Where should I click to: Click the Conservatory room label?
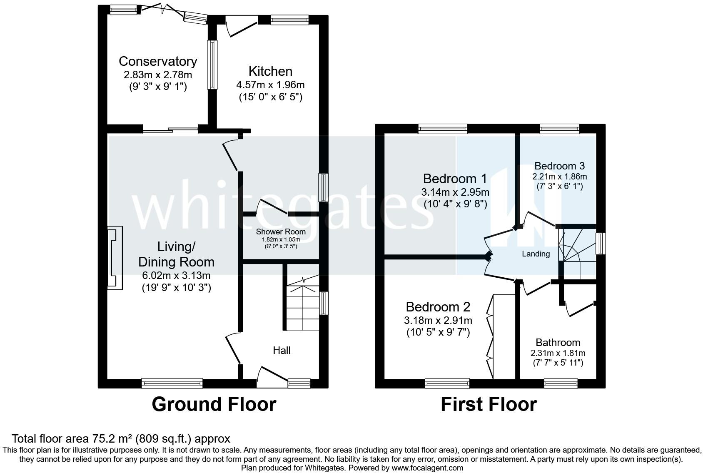[157, 61]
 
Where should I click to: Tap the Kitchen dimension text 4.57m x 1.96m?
[270, 85]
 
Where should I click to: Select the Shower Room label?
[281, 232]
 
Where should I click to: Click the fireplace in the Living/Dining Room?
[115, 258]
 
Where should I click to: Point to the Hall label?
[282, 350]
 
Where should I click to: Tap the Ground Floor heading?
[214, 404]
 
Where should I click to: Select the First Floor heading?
[489, 404]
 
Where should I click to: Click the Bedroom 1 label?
[455, 179]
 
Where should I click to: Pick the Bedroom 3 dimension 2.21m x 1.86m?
[559, 177]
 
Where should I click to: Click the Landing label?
[536, 254]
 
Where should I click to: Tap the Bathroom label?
[558, 342]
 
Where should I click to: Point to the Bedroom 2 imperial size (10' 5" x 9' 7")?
[438, 332]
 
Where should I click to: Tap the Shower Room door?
[272, 207]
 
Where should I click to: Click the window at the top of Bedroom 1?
[443, 129]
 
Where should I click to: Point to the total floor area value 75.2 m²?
[112, 438]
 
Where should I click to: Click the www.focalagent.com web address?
[427, 468]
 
